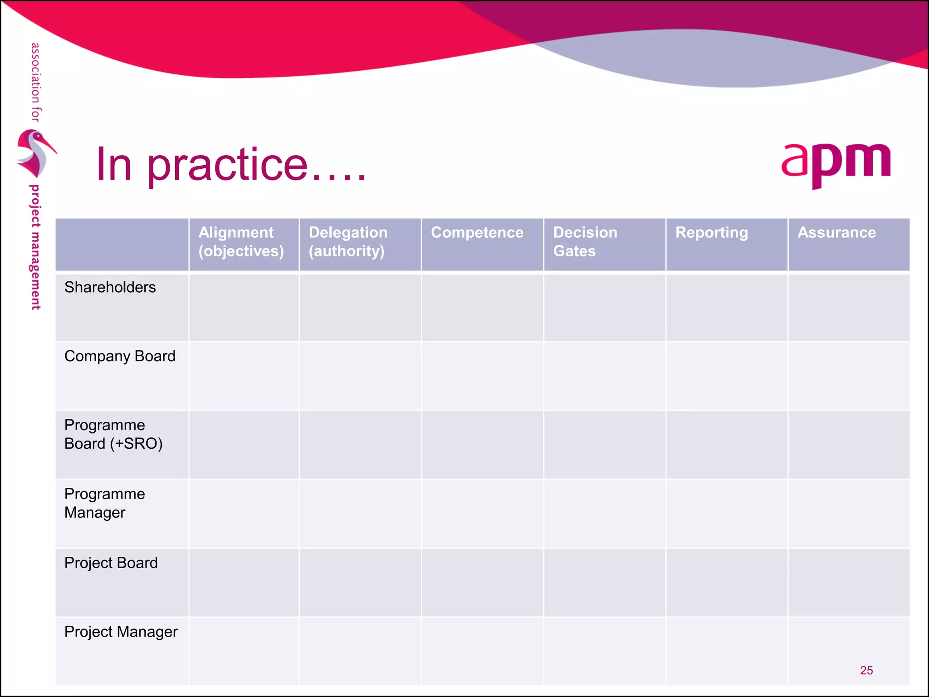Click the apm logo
(x=836, y=163)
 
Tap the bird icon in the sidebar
(x=35, y=153)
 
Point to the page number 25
(x=866, y=670)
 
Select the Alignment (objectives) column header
(x=241, y=242)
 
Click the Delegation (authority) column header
(x=348, y=242)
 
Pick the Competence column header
(x=477, y=233)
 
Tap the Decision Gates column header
(x=585, y=242)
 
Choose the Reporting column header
(x=711, y=233)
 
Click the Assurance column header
(x=836, y=233)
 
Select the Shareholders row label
(x=110, y=287)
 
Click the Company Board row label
(x=120, y=356)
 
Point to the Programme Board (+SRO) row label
(x=113, y=434)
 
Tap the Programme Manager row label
(x=105, y=503)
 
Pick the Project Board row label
(x=111, y=563)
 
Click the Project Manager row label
(x=121, y=632)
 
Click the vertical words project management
(x=35, y=247)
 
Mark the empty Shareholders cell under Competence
(x=482, y=307)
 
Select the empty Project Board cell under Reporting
(x=727, y=583)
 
